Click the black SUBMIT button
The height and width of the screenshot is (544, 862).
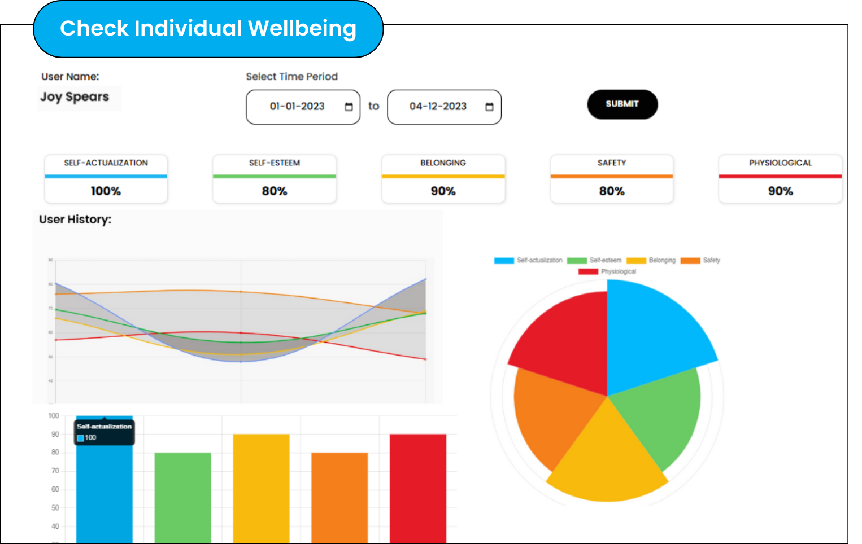(x=622, y=104)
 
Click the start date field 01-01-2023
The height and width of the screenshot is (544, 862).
(x=297, y=107)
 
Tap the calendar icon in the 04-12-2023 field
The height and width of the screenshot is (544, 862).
(x=489, y=107)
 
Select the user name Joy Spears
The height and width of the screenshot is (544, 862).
(x=75, y=97)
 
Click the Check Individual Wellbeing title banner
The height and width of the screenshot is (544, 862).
(x=208, y=29)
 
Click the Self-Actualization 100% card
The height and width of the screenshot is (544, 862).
(x=106, y=179)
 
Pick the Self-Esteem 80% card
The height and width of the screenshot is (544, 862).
(x=274, y=179)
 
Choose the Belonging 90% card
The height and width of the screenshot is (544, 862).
(x=443, y=179)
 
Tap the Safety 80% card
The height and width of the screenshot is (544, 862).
(x=612, y=179)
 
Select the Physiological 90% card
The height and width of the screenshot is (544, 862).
(x=780, y=179)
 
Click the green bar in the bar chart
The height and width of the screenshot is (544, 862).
(x=182, y=497)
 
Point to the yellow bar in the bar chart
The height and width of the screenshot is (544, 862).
(x=261, y=488)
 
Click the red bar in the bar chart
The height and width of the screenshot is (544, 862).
(x=418, y=488)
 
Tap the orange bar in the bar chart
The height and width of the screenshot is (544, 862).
(x=339, y=497)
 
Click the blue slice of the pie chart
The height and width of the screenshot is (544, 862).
(x=650, y=333)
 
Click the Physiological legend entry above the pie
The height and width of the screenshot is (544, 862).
(x=607, y=271)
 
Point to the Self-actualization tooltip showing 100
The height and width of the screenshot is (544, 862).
(x=104, y=432)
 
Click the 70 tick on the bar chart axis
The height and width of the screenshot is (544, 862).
(x=55, y=471)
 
